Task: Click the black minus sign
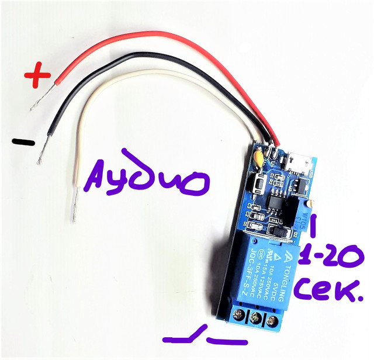coord(23,141)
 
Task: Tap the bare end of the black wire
coord(42,153)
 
